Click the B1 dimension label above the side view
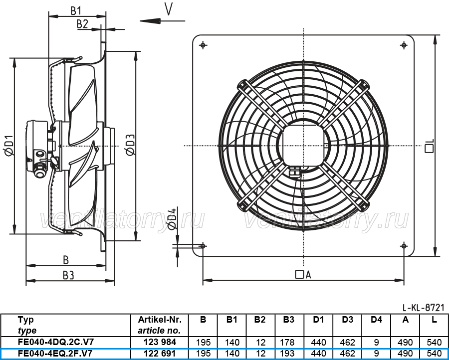76,10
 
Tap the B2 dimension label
82,24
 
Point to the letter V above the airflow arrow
169,8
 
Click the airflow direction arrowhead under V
150,21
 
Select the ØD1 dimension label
9,146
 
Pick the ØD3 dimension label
130,145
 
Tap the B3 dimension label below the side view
68,275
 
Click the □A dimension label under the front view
303,275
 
